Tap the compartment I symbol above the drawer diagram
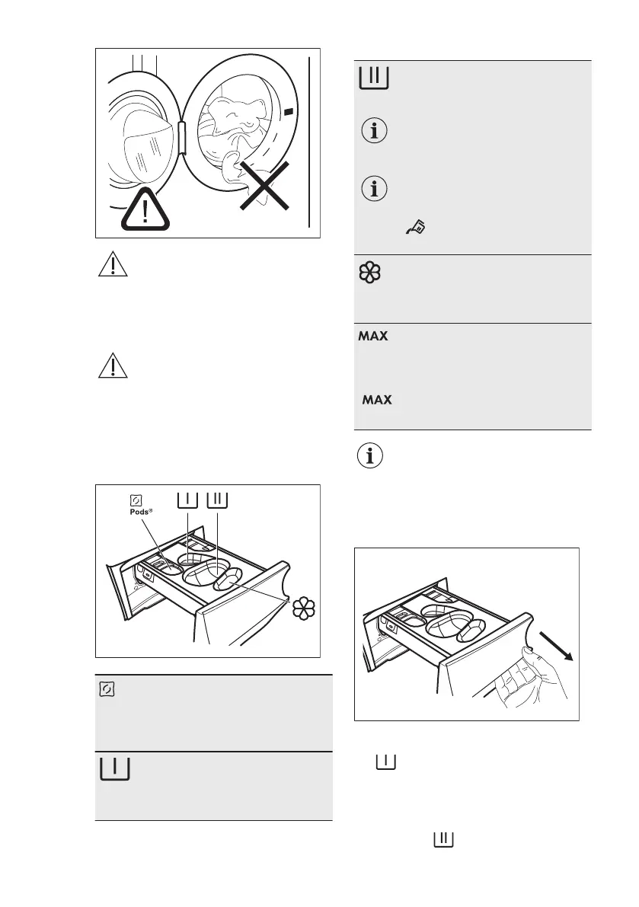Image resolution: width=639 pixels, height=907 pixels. coord(187,500)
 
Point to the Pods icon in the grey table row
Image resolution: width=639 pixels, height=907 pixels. coord(107,688)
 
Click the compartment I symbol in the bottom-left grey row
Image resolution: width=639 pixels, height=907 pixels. coord(113,768)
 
